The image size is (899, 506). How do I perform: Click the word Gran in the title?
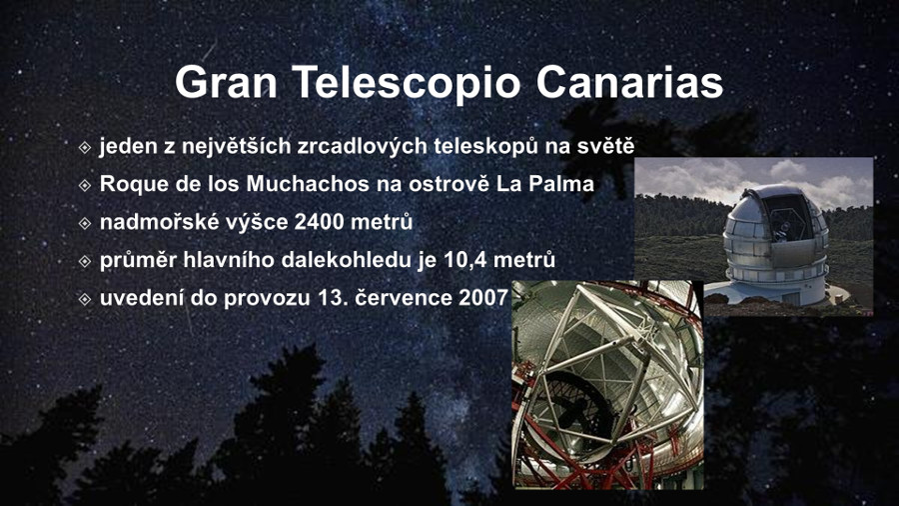226,82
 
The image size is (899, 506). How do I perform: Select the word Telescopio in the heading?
407,83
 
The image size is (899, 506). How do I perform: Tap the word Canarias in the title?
629,82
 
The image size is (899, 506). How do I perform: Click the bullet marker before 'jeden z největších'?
85,147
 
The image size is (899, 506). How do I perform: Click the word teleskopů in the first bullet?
485,146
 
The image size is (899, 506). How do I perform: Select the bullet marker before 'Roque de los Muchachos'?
85,185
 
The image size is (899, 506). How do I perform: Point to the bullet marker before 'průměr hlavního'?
85,261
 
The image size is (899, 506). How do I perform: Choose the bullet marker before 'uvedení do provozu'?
85,299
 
